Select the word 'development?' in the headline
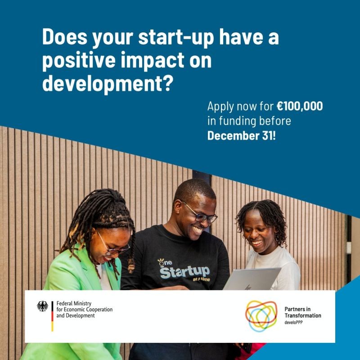click(x=107, y=84)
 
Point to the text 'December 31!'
click(x=241, y=135)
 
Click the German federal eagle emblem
click(x=43, y=306)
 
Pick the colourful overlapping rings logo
click(x=261, y=315)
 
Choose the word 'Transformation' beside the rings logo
click(x=303, y=316)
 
